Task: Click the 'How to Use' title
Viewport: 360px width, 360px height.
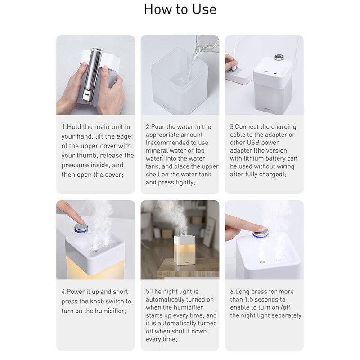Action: (180, 9)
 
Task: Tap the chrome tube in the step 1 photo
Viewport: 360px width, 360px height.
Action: (92, 75)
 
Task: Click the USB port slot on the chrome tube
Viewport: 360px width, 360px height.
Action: (86, 94)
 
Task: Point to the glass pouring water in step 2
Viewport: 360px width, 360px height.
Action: (207, 44)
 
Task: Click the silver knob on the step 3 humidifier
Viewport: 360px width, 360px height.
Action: (278, 57)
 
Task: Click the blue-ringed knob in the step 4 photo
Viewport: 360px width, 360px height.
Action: (81, 228)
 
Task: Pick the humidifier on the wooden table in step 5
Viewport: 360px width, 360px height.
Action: (184, 250)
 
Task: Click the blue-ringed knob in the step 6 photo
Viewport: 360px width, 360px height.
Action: (261, 232)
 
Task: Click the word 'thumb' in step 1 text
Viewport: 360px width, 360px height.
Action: (85, 155)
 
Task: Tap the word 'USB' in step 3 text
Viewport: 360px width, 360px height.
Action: (253, 143)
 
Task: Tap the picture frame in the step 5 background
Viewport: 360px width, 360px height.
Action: (209, 232)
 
